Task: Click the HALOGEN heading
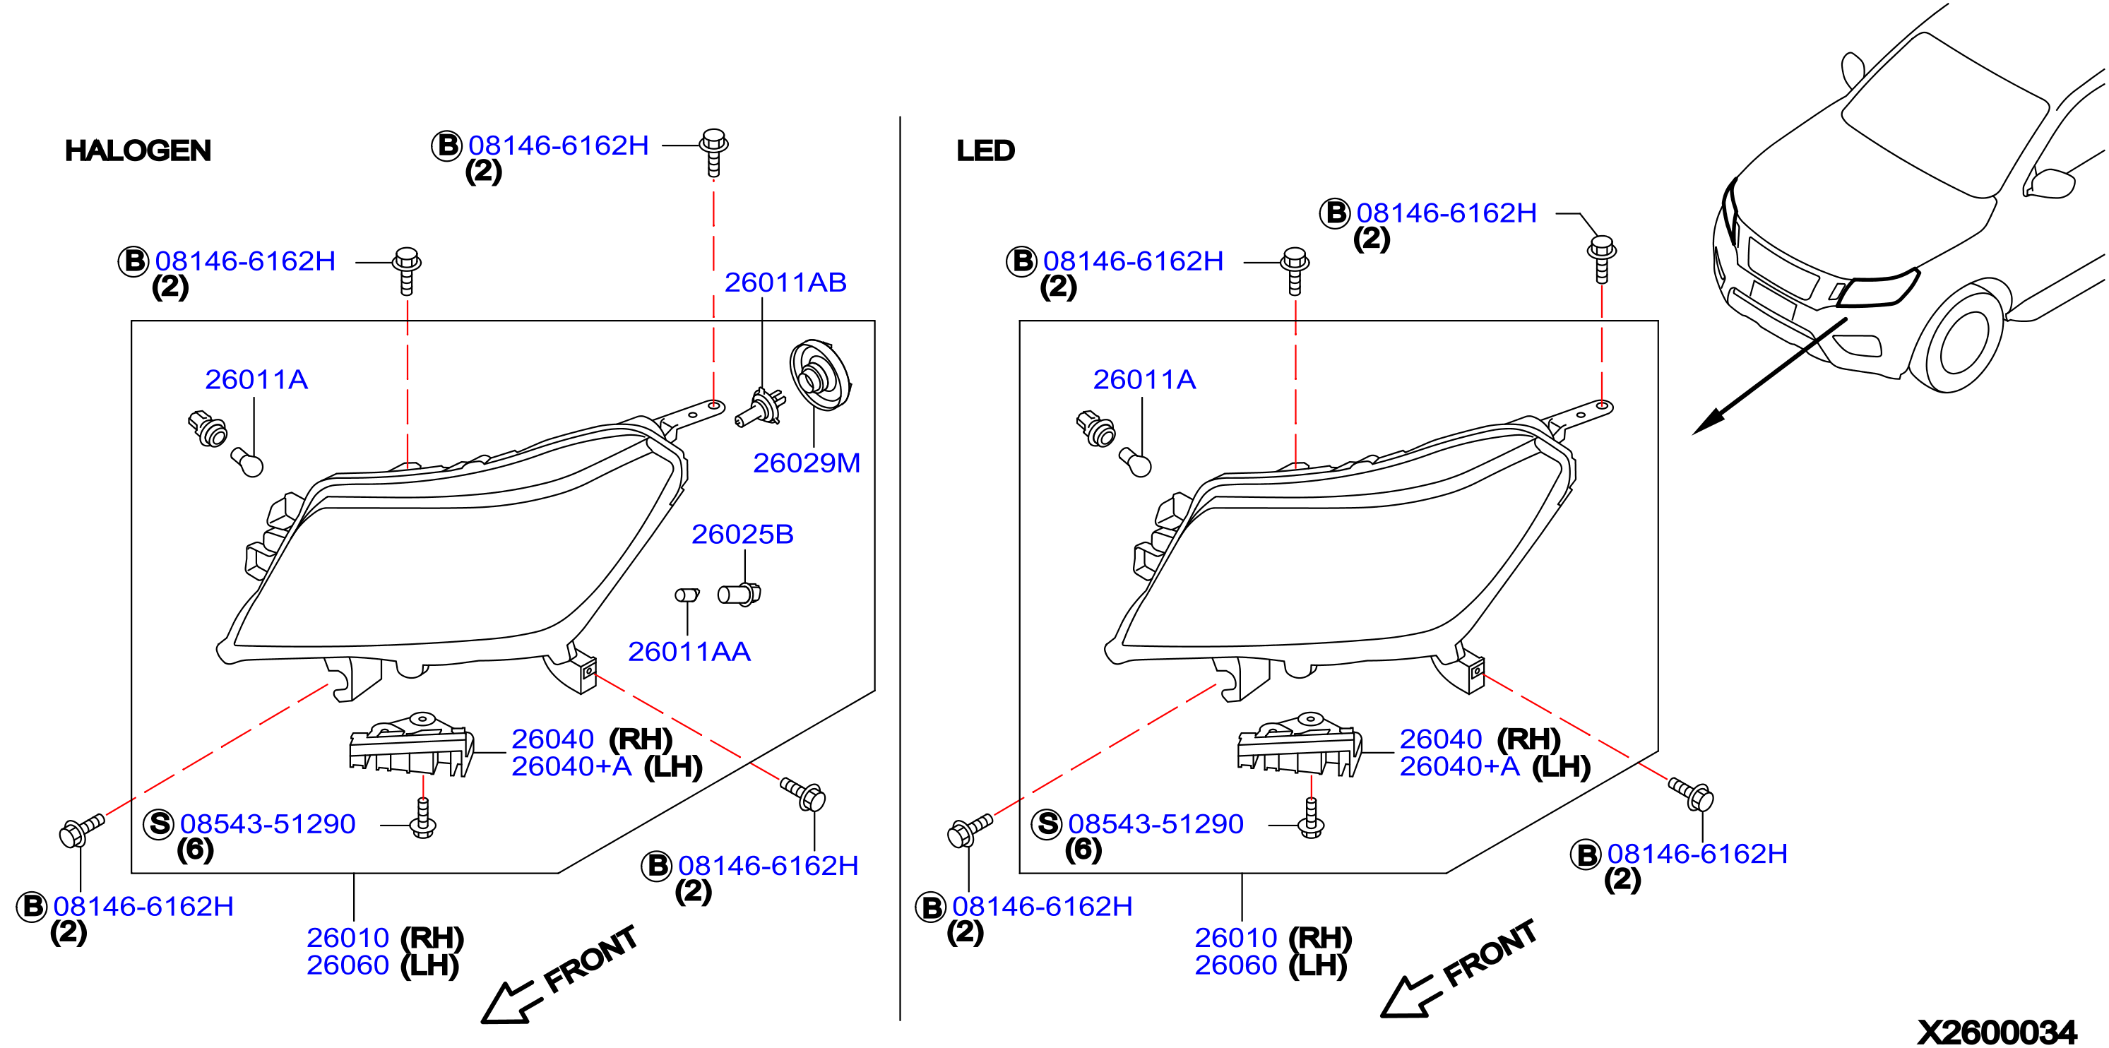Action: click(138, 150)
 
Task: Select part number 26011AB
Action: click(785, 282)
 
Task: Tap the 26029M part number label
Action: click(807, 463)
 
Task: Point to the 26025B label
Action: click(742, 535)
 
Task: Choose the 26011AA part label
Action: click(689, 652)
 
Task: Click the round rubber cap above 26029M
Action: click(819, 376)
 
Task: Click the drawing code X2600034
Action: click(1997, 1032)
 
